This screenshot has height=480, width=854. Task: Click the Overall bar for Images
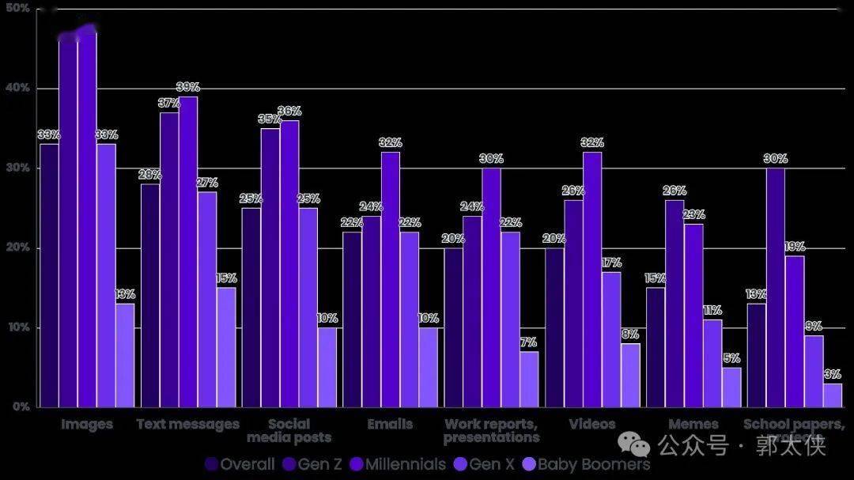[x=49, y=277]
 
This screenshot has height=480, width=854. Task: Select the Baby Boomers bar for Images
[x=124, y=356]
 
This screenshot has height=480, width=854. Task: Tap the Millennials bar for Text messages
[x=187, y=253]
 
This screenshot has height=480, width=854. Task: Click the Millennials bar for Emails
[x=390, y=281]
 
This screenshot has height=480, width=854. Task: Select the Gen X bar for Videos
[x=611, y=340]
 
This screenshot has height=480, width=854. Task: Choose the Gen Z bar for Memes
[x=675, y=304]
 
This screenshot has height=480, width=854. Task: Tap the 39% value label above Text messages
[x=187, y=87]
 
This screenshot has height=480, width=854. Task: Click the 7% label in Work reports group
[x=528, y=342]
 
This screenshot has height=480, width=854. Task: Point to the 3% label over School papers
[x=832, y=375]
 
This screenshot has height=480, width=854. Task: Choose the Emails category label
[x=390, y=425]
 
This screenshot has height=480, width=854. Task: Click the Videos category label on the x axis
[x=592, y=425]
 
